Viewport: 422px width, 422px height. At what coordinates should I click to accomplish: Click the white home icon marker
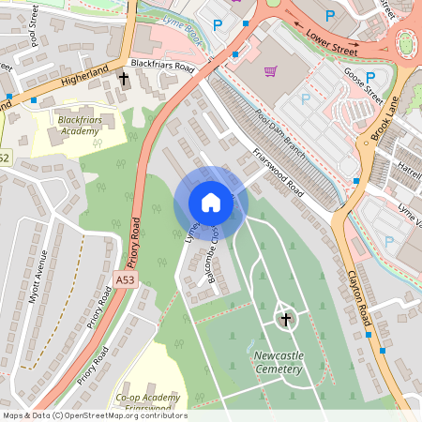[x=210, y=202]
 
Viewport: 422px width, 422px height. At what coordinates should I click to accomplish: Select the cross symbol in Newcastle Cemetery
[x=286, y=319]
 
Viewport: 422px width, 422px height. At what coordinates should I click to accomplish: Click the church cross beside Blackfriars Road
[x=124, y=80]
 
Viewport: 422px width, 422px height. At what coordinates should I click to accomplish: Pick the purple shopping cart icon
[x=271, y=70]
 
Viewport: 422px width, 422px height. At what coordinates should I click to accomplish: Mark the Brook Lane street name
[x=385, y=117]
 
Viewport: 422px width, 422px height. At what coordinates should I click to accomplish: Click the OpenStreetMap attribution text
[x=94, y=415]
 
